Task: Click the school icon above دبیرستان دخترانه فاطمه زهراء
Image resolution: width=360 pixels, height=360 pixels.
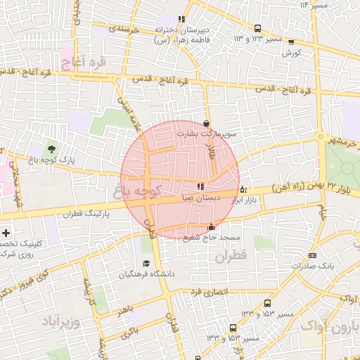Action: (x=181, y=19)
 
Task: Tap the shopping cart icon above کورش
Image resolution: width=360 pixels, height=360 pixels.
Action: (x=291, y=42)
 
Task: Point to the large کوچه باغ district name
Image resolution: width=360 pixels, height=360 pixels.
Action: (x=137, y=188)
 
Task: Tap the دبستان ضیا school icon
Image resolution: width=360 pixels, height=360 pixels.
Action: (x=201, y=187)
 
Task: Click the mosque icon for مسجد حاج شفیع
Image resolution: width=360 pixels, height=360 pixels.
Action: (x=212, y=227)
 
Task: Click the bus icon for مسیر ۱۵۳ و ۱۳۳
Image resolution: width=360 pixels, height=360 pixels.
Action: (x=233, y=328)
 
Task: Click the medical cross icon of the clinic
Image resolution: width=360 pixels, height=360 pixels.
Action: (x=6, y=233)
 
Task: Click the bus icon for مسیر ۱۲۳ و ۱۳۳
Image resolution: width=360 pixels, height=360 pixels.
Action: (x=257, y=29)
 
